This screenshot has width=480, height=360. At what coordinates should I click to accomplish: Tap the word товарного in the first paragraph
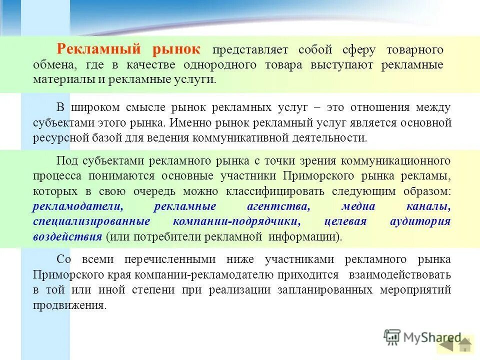415,50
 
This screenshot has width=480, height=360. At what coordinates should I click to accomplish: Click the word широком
94,107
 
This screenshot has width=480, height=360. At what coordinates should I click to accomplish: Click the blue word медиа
358,206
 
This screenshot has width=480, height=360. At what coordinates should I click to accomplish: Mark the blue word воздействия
67,236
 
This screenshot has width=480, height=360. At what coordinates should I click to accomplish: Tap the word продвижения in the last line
69,305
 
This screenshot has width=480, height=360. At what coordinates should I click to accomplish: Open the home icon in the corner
465,345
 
